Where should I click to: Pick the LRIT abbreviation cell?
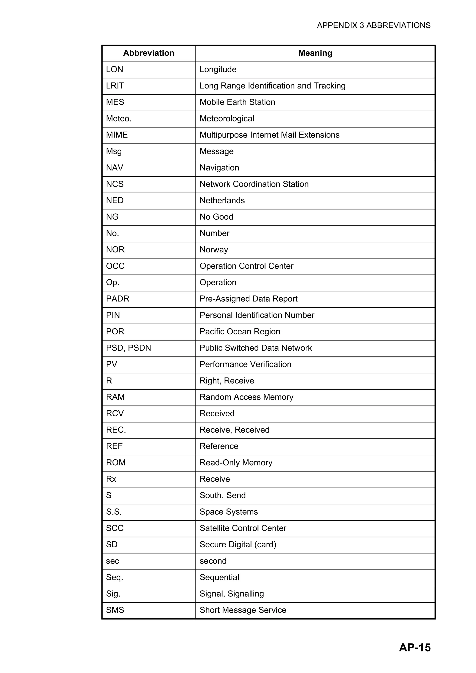click(x=115, y=86)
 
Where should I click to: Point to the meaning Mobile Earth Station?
click(x=237, y=102)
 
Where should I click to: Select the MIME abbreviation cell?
click(x=117, y=135)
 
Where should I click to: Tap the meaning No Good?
click(x=216, y=217)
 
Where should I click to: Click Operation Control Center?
click(x=246, y=266)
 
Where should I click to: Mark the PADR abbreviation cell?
click(x=117, y=299)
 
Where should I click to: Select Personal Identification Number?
click(x=257, y=315)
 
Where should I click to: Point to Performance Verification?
click(x=245, y=364)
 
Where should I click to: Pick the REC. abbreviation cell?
click(x=116, y=430)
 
